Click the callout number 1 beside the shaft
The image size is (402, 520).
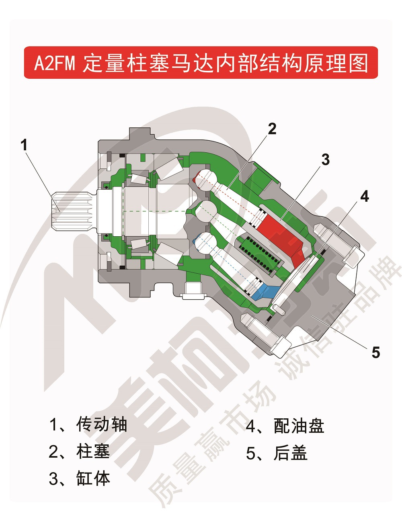tap(25, 145)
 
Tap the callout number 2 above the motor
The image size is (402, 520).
tap(272, 129)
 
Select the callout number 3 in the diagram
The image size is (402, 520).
tap(325, 160)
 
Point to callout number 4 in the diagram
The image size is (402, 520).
tap(364, 197)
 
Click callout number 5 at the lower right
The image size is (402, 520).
tap(375, 352)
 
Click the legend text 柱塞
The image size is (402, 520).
tap(93, 452)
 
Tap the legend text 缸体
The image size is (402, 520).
tap(93, 479)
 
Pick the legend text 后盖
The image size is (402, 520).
tap(290, 453)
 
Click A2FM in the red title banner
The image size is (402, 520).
tap(55, 63)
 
